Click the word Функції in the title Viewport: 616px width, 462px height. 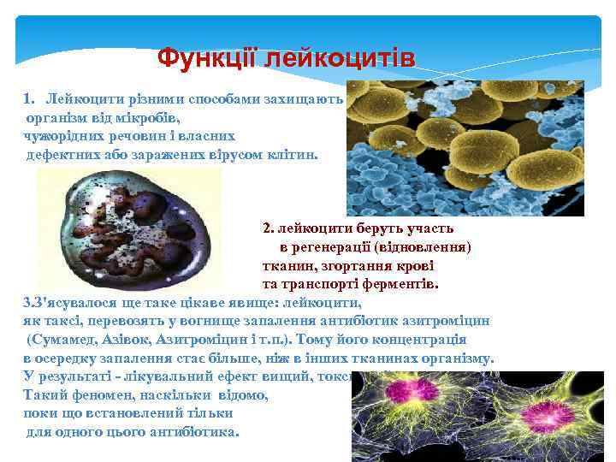209,59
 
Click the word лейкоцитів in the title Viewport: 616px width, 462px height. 340,59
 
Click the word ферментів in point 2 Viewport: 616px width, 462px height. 396,284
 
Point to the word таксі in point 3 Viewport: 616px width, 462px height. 61,321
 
